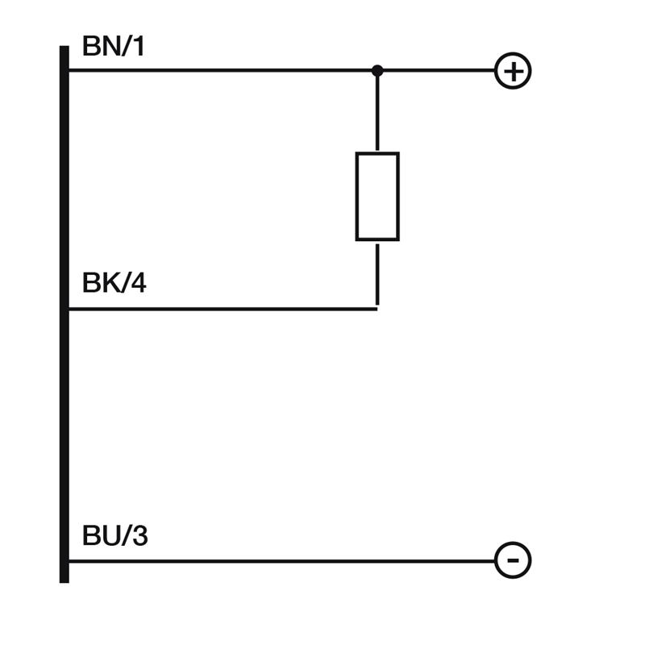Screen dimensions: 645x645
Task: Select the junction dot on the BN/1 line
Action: (377, 71)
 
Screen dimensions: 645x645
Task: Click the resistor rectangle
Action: (356, 196)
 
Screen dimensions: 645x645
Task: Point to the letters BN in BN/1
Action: (102, 46)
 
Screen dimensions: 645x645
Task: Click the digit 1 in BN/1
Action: (139, 46)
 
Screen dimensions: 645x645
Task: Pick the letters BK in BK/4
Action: (102, 283)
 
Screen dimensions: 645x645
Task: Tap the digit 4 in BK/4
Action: (139, 283)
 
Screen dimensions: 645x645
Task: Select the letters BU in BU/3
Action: (102, 535)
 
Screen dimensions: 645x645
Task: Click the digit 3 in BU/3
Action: (139, 535)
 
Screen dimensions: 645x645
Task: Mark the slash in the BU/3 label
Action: (127, 535)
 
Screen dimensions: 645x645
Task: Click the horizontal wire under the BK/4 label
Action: (223, 309)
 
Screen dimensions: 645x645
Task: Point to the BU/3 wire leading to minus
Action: (281, 560)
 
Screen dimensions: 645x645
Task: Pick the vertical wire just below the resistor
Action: (377, 274)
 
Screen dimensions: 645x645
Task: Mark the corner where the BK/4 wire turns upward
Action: (377, 309)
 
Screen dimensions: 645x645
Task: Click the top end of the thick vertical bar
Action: (64, 47)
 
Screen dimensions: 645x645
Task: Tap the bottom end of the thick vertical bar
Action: (64, 582)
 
